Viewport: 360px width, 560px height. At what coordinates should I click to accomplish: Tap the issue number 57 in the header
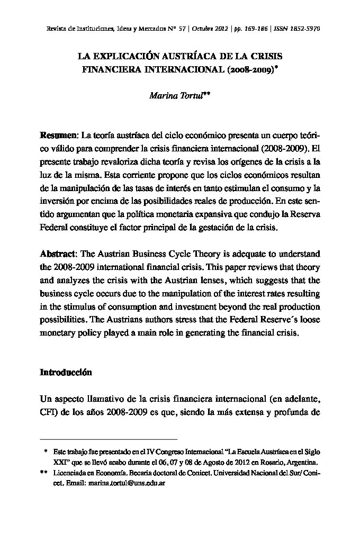coord(182,28)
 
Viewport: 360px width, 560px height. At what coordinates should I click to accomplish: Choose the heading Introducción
coord(66,372)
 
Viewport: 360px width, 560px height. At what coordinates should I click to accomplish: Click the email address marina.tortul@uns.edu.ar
coord(127,484)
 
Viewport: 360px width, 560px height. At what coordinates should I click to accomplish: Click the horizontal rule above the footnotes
coord(109,439)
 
